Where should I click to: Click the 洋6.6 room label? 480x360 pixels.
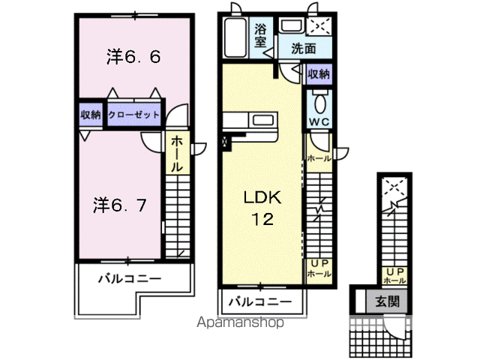pos(133,57)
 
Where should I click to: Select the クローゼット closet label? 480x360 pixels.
pos(134,115)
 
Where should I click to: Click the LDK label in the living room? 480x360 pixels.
pos(261,198)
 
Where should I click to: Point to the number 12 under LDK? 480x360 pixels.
pos(261,220)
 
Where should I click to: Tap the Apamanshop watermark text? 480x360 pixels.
pos(239,323)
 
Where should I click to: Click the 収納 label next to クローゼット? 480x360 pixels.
pos(91,115)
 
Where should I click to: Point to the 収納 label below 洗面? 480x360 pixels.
pos(318,73)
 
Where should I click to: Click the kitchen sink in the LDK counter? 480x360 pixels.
pos(262,120)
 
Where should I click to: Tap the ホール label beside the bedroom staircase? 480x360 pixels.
pos(177,154)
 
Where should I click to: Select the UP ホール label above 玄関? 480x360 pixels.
pos(394,275)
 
